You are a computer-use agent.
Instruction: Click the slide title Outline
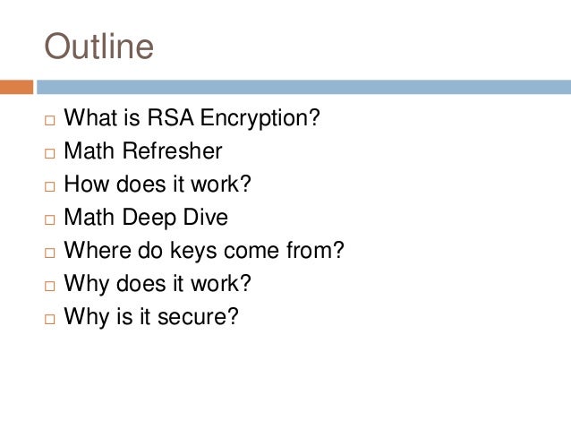99,47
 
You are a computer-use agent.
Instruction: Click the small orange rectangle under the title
16,87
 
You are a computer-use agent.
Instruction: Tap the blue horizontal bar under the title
303,87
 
